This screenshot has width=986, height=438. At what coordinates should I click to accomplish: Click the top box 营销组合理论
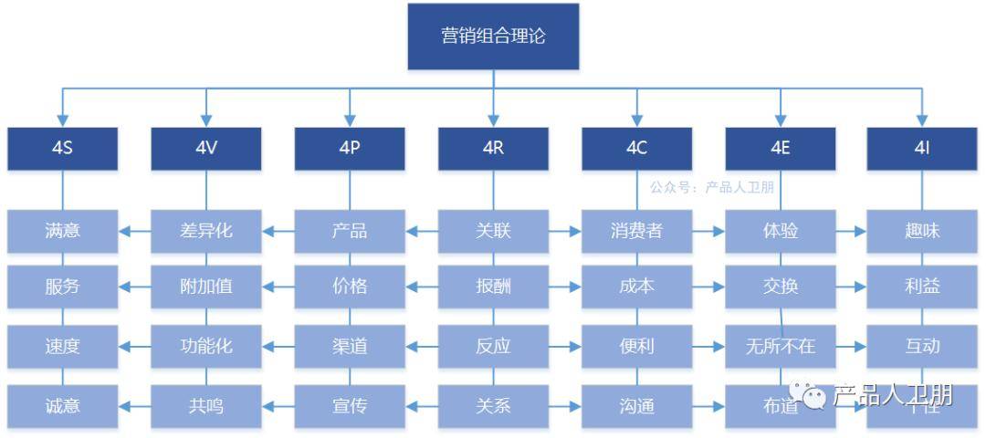pos(493,36)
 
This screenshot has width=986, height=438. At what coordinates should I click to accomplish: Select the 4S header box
pos(63,148)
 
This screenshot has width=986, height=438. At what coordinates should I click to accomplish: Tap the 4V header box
pos(206,148)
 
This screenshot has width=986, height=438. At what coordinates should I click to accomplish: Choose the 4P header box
pos(350,148)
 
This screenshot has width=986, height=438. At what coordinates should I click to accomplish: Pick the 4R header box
pos(493,148)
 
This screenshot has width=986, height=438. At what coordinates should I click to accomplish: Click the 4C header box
pos(636,148)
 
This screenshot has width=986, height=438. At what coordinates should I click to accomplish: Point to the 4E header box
pos(781,148)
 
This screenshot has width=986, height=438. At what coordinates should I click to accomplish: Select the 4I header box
pos(922,148)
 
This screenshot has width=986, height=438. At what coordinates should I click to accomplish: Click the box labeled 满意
pos(63,231)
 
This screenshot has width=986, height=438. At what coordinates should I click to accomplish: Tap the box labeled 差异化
pos(206,231)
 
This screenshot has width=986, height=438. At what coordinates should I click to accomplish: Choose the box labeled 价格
pos(350,287)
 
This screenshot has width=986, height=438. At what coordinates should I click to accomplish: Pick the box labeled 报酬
pos(493,287)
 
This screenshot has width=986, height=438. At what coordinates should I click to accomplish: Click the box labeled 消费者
pos(636,231)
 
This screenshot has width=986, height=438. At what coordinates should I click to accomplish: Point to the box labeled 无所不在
pos(781,347)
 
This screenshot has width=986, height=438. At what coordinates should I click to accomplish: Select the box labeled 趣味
pos(922,231)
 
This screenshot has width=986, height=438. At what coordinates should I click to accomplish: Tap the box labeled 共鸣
pos(206,406)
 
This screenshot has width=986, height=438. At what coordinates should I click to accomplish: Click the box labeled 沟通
pos(636,406)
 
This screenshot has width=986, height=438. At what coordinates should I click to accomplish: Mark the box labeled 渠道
pos(350,347)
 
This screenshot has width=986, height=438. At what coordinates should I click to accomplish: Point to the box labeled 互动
pos(922,347)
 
